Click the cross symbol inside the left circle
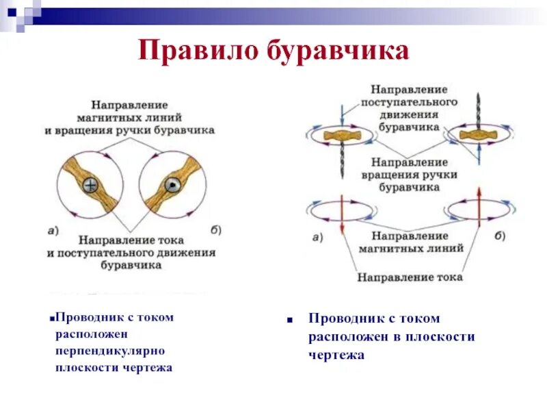pyautogui.click(x=90, y=185)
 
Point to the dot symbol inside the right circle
pyautogui.click(x=172, y=185)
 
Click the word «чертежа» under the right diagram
pyautogui.click(x=337, y=355)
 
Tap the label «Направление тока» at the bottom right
pyautogui.click(x=410, y=277)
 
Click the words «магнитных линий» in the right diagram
pyautogui.click(x=410, y=248)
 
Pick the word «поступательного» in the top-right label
pyautogui.click(x=410, y=102)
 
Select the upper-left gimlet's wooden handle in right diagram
pyautogui.click(x=339, y=135)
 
